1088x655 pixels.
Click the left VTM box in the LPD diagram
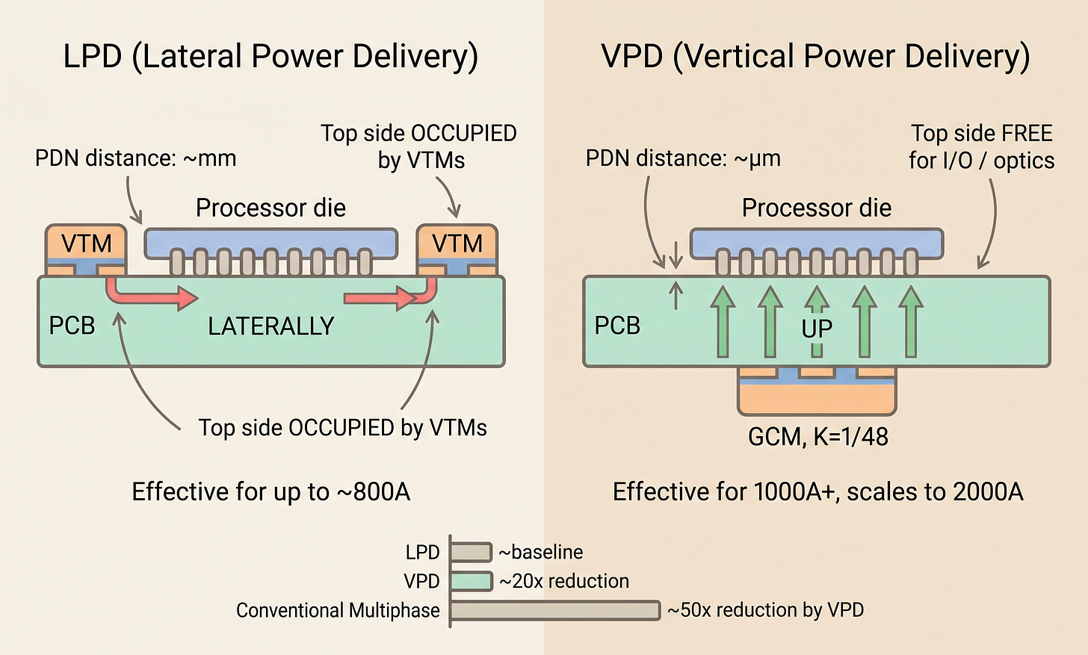click(x=86, y=243)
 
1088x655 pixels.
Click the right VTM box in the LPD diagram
click(x=457, y=243)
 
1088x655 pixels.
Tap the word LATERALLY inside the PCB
click(x=271, y=326)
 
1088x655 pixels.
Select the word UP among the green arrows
click(x=817, y=328)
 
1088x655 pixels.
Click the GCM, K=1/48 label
click(x=818, y=436)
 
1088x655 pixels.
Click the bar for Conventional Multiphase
click(x=555, y=610)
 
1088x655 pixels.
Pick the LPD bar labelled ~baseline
click(x=471, y=552)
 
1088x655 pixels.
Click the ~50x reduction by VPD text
click(x=765, y=610)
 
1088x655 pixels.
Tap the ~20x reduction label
click(x=564, y=581)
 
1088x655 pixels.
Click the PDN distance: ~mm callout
click(x=136, y=158)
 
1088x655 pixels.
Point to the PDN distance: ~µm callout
click(x=683, y=158)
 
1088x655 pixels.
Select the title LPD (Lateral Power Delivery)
click(x=271, y=57)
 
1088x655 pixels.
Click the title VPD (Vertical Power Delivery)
click(x=816, y=57)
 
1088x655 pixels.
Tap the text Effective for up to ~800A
click(x=271, y=491)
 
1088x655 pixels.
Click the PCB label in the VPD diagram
click(x=617, y=326)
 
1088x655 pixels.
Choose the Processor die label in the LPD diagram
click(x=271, y=208)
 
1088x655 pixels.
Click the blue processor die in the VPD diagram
click(x=816, y=242)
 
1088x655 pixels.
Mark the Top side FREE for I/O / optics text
click(x=981, y=147)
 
